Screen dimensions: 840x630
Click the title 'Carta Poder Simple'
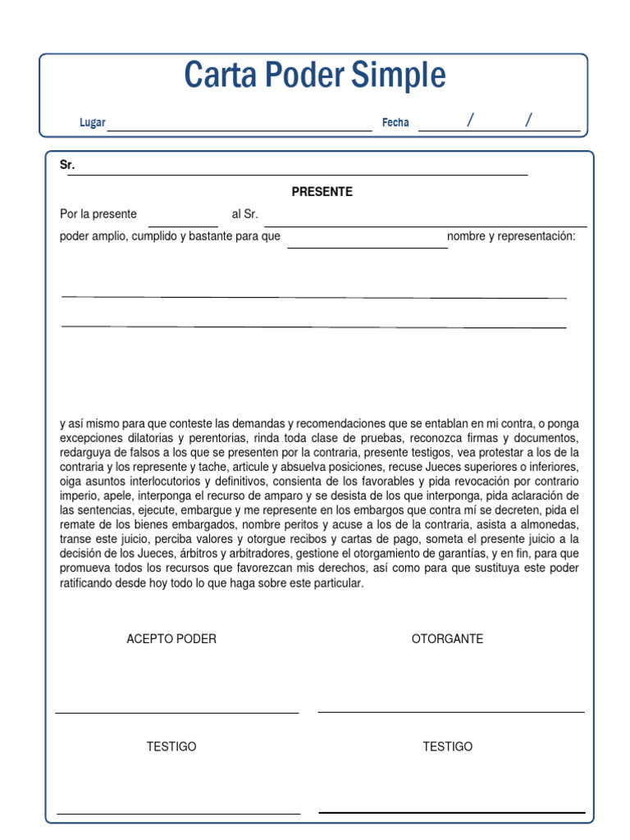coord(315,75)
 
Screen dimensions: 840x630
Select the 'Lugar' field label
coord(92,123)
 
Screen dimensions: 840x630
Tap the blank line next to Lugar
coord(240,129)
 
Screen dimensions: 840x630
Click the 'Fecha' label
coord(395,123)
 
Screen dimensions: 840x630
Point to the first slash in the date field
coord(470,121)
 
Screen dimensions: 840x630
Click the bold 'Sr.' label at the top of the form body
coord(67,166)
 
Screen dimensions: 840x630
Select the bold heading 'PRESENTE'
coord(322,192)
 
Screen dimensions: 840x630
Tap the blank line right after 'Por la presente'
coord(183,225)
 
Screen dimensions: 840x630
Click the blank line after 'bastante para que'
coord(367,246)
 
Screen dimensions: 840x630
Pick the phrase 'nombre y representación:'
coord(511,236)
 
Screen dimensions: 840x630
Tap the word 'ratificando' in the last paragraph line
coord(88,583)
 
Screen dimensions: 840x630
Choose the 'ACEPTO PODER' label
coord(171,639)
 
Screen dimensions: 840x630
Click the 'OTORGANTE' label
coord(447,639)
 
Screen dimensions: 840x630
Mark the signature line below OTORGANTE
coord(450,711)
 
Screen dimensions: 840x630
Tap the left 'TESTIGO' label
coord(171,746)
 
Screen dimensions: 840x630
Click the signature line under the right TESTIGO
coord(452,811)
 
